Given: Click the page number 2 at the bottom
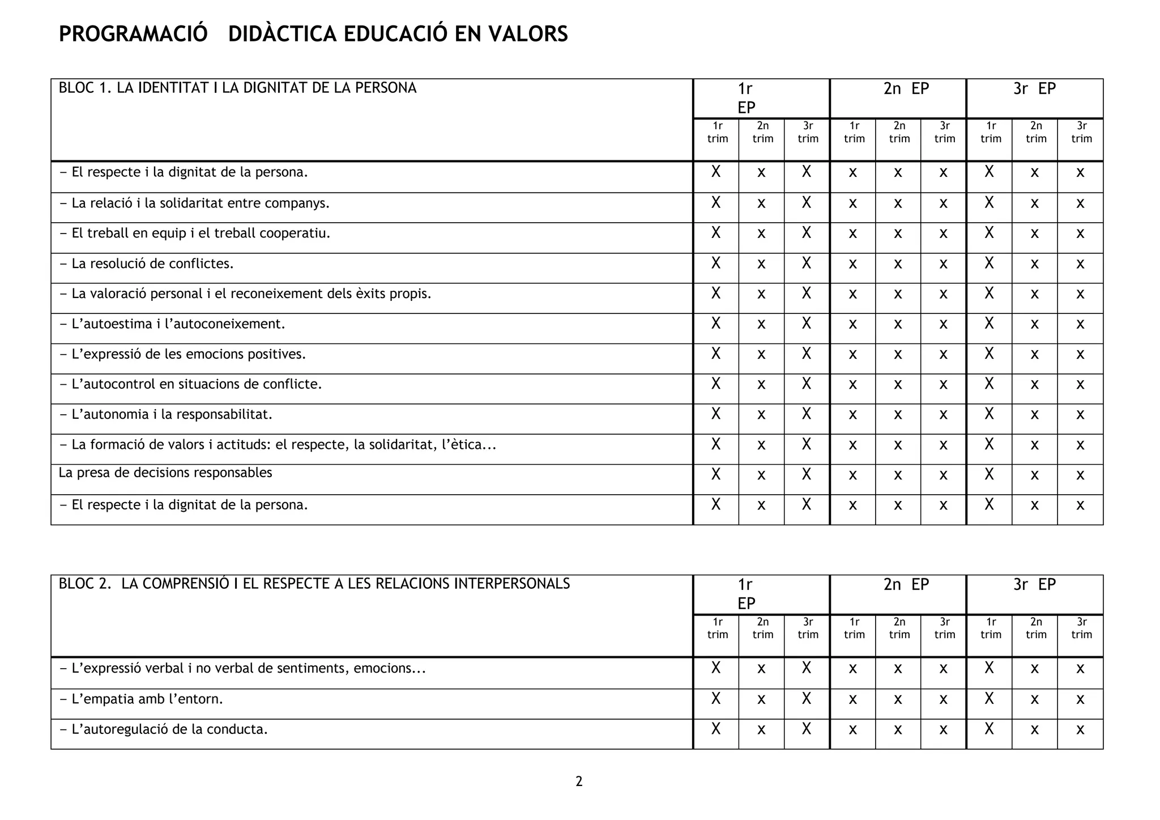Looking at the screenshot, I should click(x=579, y=781).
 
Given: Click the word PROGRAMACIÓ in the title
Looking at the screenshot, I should click(x=133, y=34).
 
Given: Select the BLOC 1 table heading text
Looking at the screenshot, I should click(x=237, y=88).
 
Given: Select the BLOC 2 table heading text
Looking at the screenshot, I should click(x=314, y=584).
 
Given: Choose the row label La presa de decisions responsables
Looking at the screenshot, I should click(x=165, y=473).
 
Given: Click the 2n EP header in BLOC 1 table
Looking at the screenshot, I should click(x=906, y=89).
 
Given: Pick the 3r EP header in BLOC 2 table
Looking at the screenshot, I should click(x=1034, y=584).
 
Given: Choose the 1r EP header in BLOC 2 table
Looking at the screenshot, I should click(x=746, y=593).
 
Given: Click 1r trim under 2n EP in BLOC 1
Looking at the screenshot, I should click(x=854, y=132).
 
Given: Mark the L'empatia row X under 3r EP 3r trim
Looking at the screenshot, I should click(x=1080, y=699).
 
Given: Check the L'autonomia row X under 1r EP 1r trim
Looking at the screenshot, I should click(x=716, y=414).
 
